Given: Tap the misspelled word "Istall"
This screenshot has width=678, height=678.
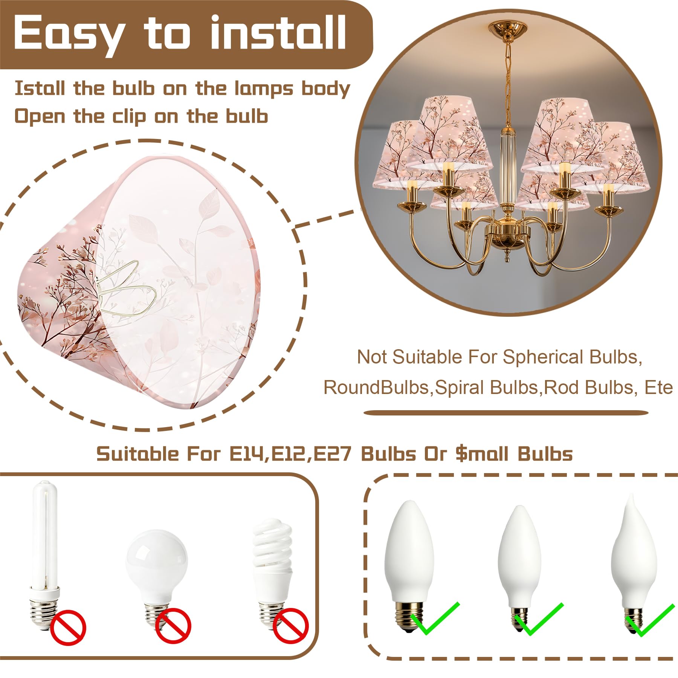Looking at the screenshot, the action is click(40, 89).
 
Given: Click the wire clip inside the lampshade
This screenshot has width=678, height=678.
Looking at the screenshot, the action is click(124, 290).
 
